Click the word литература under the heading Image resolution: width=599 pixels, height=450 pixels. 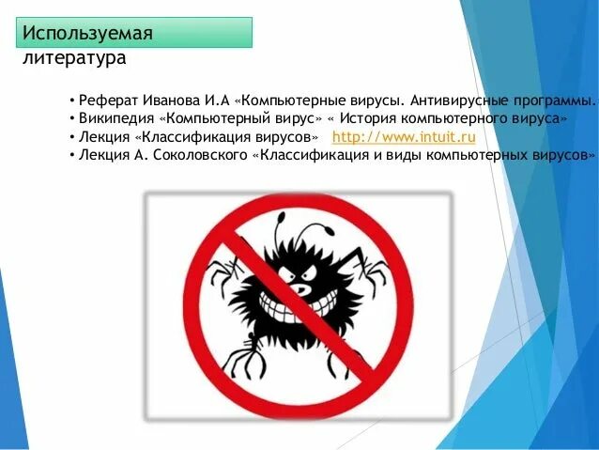(x=74, y=59)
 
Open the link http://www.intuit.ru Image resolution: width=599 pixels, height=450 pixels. (x=404, y=137)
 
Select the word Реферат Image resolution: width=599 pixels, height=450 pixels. (x=108, y=101)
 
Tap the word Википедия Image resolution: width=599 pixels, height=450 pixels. (x=116, y=119)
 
